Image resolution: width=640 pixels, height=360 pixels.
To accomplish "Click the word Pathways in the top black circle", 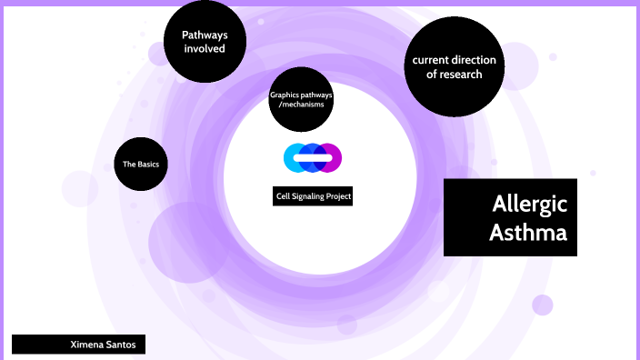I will (x=204, y=35).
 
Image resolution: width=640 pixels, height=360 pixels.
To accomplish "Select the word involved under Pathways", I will (x=204, y=49).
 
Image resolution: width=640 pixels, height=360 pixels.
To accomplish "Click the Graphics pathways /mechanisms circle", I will (x=302, y=99).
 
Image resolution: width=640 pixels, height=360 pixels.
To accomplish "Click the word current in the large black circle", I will (x=432, y=60).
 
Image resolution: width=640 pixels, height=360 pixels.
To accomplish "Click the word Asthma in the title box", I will (x=528, y=233).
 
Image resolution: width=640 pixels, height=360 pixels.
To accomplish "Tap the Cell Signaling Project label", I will (x=314, y=196).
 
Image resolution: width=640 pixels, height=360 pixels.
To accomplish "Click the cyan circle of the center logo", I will (x=294, y=157).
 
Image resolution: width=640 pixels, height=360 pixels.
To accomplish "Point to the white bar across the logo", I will (x=314, y=158).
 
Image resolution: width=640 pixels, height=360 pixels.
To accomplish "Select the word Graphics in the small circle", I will (x=285, y=95).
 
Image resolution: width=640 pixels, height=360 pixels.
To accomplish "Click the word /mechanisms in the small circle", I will (x=302, y=105).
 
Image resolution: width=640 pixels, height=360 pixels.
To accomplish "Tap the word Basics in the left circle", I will (x=146, y=165).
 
